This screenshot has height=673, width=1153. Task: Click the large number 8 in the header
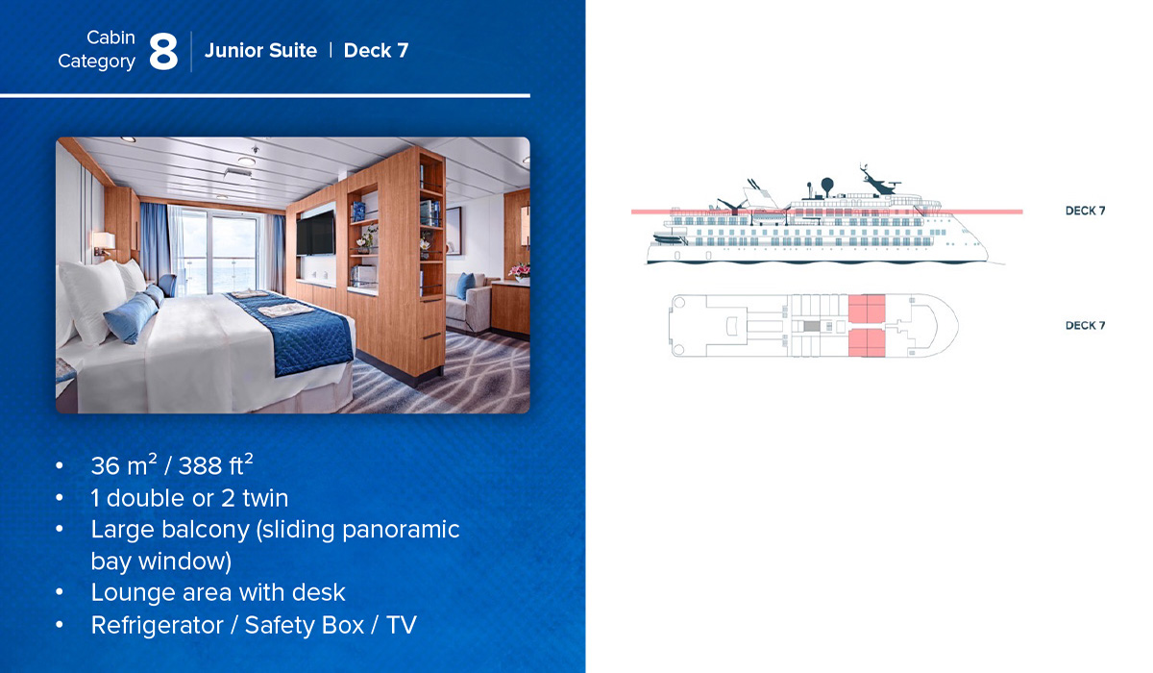163,52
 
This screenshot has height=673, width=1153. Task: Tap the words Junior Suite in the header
260,50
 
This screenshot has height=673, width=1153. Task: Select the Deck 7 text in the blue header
376,50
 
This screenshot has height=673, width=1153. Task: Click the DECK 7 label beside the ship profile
1085,211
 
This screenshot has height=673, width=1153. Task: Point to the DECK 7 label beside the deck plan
1085,325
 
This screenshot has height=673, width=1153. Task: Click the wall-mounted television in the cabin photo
315,234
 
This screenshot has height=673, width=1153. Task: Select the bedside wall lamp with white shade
104,242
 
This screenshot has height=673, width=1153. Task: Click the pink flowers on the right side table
520,271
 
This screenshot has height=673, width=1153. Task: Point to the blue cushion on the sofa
465,286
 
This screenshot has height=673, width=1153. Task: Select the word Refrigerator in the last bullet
158,625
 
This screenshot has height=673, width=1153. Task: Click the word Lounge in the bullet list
134,592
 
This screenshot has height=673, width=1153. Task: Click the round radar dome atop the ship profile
826,184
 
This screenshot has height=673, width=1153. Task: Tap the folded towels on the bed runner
284,310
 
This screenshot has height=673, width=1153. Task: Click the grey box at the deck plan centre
812,326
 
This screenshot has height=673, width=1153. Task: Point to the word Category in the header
96,62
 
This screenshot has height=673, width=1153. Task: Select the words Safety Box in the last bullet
305,625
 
